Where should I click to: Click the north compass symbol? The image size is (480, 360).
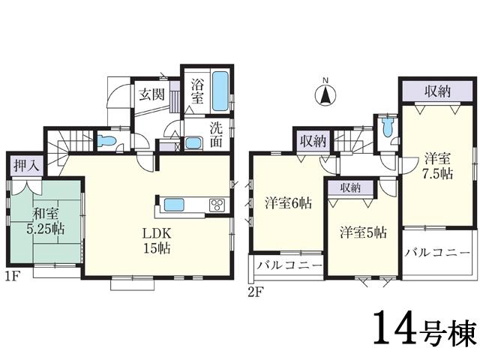click(325, 94)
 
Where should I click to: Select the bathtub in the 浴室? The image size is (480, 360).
click(220, 91)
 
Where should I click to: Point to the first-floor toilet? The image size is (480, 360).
click(106, 140)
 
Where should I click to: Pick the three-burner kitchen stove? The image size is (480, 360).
click(217, 205)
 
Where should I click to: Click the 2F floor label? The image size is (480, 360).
click(256, 292)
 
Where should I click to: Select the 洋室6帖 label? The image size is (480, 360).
click(288, 202)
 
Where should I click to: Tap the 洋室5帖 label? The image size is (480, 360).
click(362, 232)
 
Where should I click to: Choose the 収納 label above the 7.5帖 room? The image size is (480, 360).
click(438, 91)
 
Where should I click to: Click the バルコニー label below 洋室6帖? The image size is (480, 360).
click(289, 265)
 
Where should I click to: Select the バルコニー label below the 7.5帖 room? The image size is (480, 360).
click(439, 252)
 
